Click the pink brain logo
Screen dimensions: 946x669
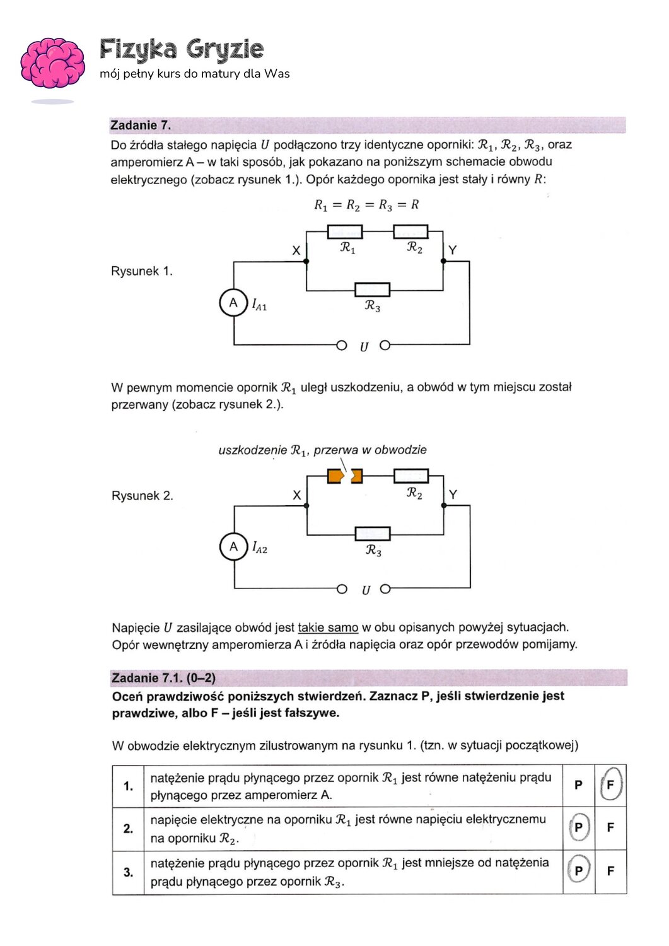tap(52, 63)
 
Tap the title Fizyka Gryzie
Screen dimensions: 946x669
tap(182, 49)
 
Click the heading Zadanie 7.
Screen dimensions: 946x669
tap(141, 125)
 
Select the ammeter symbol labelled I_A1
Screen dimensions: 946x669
tap(233, 303)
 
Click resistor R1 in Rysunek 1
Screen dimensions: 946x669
tap(345, 231)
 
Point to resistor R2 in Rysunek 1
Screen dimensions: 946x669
tap(410, 231)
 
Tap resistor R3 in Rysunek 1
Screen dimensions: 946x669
tap(372, 289)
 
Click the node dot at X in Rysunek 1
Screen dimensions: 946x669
tap(306, 261)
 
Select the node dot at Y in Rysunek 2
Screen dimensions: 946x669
tap(444, 505)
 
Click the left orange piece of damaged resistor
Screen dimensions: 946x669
tap(335, 476)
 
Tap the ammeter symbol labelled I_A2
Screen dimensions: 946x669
tap(233, 546)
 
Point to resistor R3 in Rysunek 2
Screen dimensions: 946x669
tap(373, 534)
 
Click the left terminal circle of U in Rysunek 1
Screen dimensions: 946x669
tap(341, 345)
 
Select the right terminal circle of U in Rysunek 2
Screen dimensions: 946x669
tap(386, 589)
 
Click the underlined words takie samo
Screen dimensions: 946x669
tap(328, 628)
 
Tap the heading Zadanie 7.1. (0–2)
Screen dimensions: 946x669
tap(163, 678)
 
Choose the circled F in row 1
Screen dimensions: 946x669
tap(610, 785)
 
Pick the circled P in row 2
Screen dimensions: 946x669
tap(578, 827)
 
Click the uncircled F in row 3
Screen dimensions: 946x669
tap(610, 871)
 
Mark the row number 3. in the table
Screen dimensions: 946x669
tap(128, 872)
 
